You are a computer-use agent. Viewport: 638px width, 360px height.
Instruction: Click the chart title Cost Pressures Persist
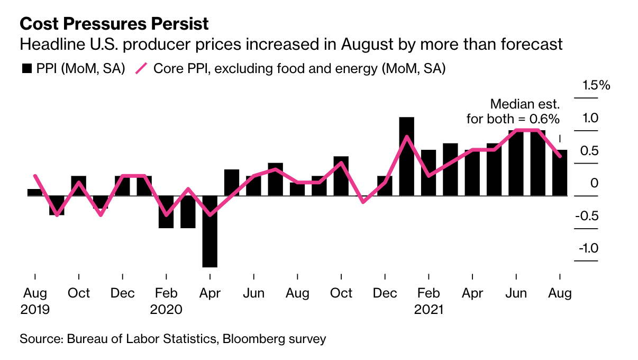pyautogui.click(x=114, y=24)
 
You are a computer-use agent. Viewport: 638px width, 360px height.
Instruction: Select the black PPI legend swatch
pyautogui.click(x=27, y=69)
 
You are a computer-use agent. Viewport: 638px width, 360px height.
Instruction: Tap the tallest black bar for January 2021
pyautogui.click(x=406, y=156)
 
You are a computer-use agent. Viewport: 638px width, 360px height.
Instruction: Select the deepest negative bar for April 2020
pyautogui.click(x=210, y=231)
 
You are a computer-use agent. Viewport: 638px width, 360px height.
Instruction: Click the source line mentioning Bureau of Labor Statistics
pyautogui.click(x=172, y=339)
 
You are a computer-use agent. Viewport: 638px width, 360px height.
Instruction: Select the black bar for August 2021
pyautogui.click(x=560, y=173)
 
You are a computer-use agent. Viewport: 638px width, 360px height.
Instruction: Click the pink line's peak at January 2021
pyautogui.click(x=406, y=137)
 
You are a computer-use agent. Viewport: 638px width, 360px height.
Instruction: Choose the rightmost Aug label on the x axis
pyautogui.click(x=560, y=293)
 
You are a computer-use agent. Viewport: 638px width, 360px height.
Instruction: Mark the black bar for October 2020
pyautogui.click(x=341, y=176)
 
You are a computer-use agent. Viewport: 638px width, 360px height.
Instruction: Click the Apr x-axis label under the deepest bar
pyautogui.click(x=210, y=293)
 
